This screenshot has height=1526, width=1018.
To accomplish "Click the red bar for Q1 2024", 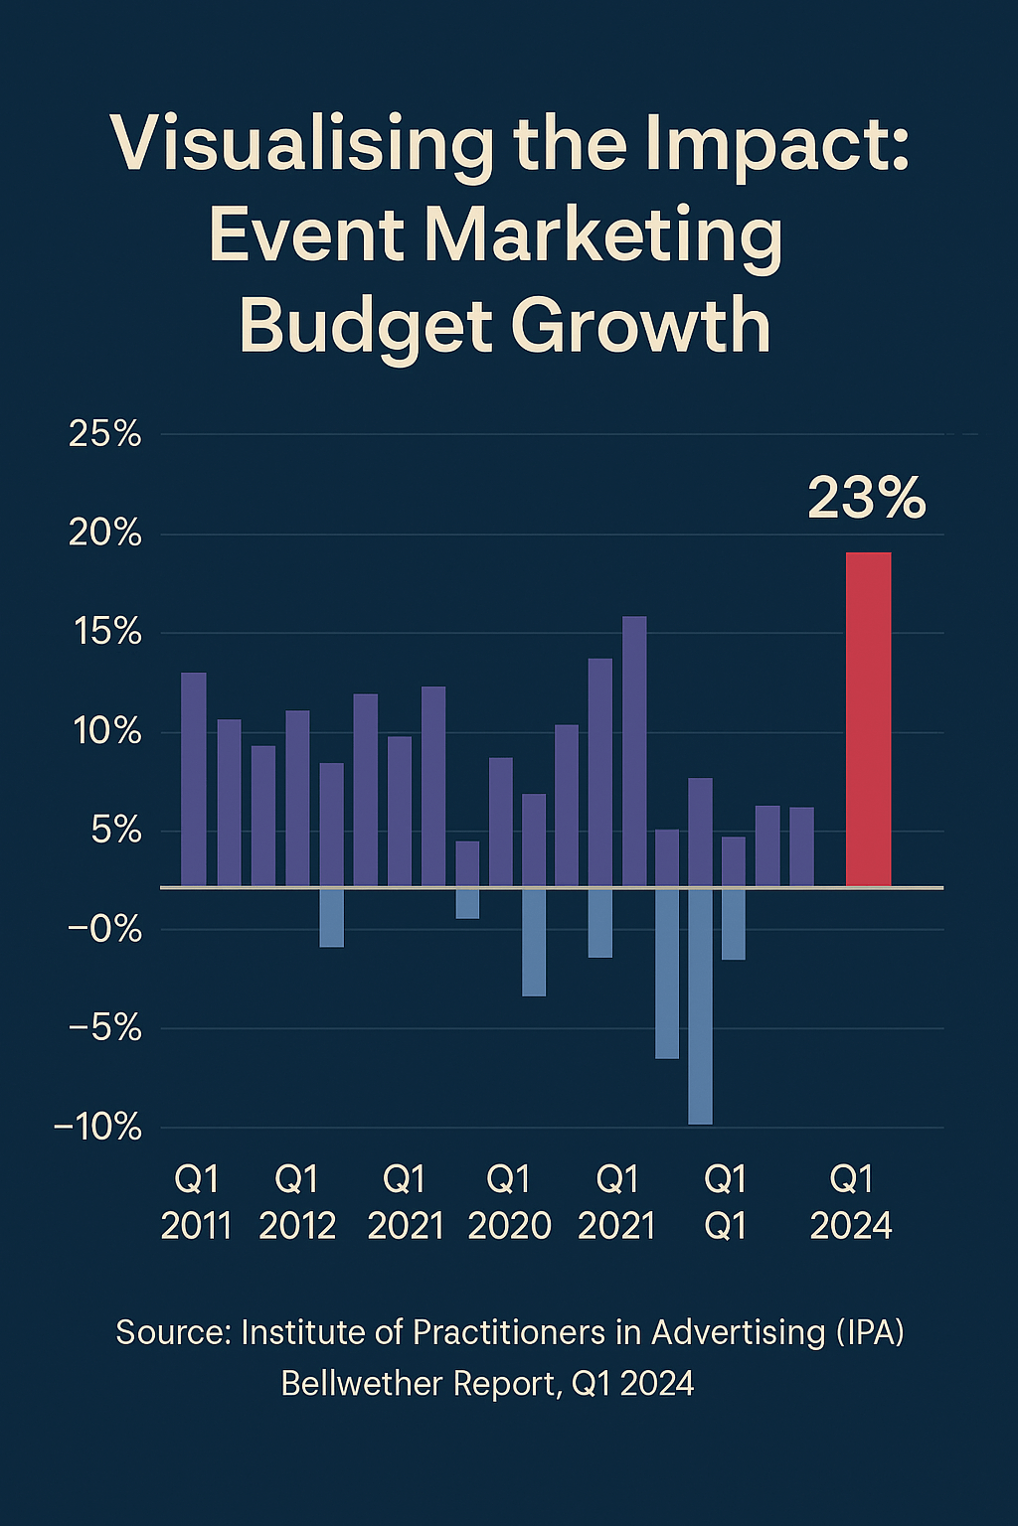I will pos(868,719).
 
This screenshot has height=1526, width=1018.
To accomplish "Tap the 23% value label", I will pos(866,498).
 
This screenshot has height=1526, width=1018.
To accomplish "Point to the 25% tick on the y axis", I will pos(105,434).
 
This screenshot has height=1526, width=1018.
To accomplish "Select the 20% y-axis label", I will pos(105,534).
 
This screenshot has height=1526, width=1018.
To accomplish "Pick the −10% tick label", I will pos(97,1128).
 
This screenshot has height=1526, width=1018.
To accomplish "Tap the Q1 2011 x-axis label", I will pos(196,1202).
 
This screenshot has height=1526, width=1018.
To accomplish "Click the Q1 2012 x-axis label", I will pos(297,1202).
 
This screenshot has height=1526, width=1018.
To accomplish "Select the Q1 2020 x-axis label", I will pos(509,1202).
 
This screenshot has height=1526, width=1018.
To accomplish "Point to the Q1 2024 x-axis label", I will pos(851,1202).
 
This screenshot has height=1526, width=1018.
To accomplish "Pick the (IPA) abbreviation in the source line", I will pos(870,1332).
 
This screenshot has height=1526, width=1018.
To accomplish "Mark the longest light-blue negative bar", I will pos(700,1005).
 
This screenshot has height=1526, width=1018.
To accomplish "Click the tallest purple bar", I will pos(634,751).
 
